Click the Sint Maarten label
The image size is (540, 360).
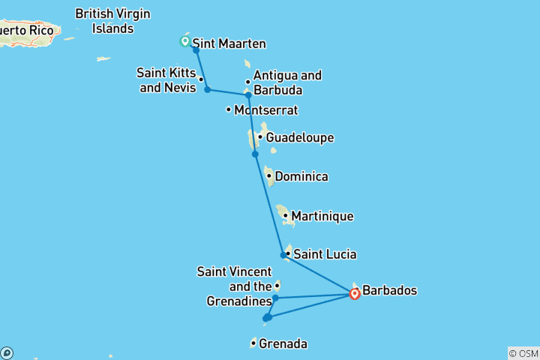229,43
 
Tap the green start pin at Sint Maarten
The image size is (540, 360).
184,40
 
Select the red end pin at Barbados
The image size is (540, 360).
355,293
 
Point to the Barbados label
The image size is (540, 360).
389,290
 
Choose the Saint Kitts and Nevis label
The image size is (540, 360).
166,79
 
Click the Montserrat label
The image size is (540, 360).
265,110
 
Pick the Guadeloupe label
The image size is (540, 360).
299,138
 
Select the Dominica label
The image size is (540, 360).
301,177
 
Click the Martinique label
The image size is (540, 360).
322,216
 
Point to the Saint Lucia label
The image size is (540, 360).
325,254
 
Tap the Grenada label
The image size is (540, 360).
283,344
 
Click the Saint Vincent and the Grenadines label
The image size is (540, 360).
234,286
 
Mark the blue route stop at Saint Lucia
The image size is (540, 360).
283,255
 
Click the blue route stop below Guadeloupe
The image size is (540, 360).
255,154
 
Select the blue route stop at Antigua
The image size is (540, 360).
247,95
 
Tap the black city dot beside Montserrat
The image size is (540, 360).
229,110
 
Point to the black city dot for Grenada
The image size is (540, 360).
253,344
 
